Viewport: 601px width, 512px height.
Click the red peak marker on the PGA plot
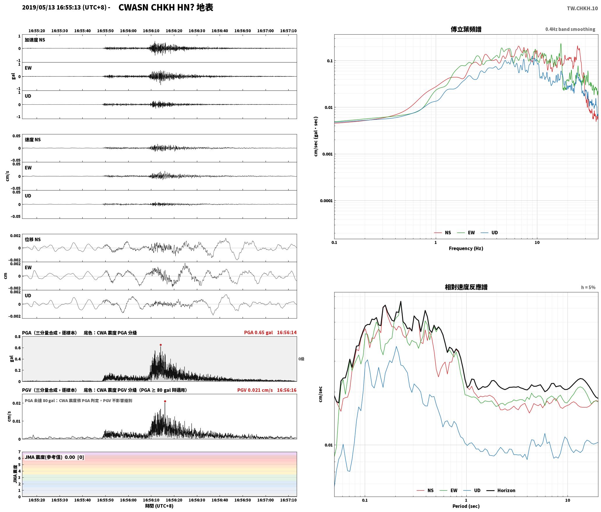point(161,345)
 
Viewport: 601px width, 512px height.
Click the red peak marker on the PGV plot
point(165,401)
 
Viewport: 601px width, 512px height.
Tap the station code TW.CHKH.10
point(582,8)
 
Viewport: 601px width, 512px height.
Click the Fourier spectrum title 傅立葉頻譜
point(466,29)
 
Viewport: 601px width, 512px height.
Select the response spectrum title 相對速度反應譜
point(466,287)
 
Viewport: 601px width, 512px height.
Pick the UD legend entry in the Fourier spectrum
point(489,232)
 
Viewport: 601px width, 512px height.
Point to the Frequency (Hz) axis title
point(466,248)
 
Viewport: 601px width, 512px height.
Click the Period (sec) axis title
point(466,506)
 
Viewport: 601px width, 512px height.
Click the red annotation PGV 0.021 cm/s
point(255,390)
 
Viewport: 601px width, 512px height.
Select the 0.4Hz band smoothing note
point(570,29)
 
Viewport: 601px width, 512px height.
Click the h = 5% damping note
point(588,287)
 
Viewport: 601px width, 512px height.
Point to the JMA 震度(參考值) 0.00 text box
point(54,457)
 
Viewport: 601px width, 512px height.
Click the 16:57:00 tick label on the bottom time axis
point(265,500)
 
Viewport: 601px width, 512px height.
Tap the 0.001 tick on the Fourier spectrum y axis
point(327,154)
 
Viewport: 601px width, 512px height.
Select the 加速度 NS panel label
point(35,40)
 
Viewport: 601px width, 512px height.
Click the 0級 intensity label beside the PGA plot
point(301,359)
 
